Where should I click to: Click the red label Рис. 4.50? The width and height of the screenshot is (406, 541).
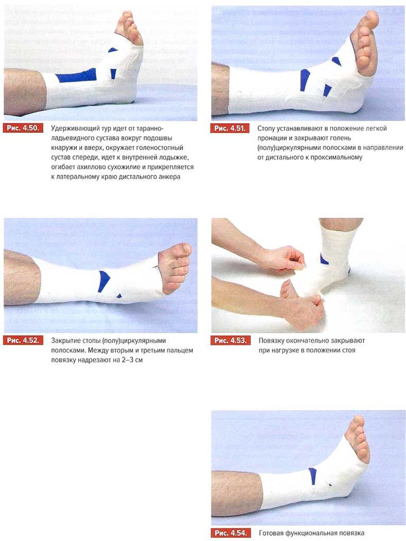pos(23,128)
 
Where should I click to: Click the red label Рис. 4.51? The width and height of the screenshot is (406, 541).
pos(230,128)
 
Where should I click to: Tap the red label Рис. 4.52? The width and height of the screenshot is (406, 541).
pos(23,341)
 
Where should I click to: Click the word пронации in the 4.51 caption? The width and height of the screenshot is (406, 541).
pos(272,138)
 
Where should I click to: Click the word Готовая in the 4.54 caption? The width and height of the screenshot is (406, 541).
pos(271,533)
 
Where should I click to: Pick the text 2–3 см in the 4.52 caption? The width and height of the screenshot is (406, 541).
pos(131,360)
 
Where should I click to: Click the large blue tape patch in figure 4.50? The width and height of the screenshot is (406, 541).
pos(77,76)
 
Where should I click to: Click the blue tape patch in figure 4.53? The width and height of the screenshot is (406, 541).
pos(324,259)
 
